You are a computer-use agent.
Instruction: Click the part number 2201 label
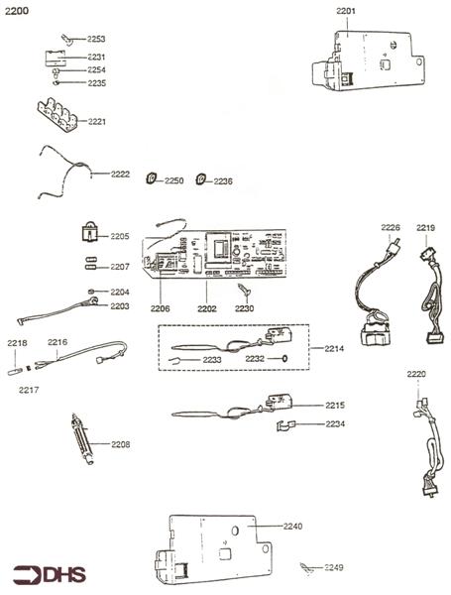point(347,11)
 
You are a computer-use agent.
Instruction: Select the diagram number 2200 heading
point(18,10)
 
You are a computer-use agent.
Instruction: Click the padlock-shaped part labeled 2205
point(89,234)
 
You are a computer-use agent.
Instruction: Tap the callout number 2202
point(207,308)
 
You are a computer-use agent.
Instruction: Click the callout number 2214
point(334,349)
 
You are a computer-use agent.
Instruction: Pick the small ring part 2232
point(284,359)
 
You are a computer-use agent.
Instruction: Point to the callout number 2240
point(293,526)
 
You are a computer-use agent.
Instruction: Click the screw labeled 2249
point(308,566)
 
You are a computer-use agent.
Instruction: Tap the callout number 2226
point(392,228)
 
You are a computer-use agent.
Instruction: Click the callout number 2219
point(425,228)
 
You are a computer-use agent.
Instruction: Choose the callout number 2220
point(416,374)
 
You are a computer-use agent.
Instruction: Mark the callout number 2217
point(30,390)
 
